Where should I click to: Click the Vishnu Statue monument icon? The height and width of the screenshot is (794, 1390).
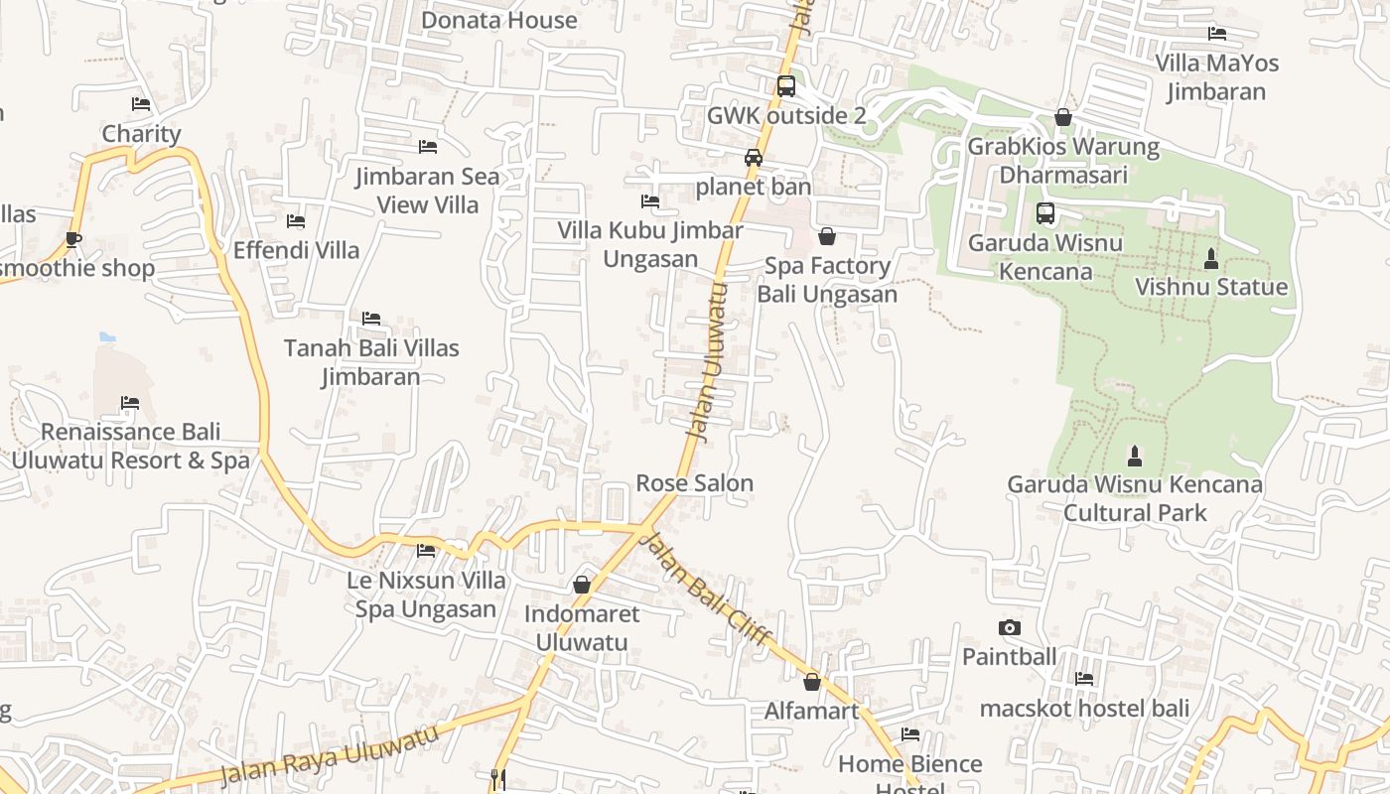(1210, 259)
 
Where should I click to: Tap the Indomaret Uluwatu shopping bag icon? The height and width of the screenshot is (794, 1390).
(582, 585)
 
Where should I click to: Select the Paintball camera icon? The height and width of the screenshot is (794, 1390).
(1009, 627)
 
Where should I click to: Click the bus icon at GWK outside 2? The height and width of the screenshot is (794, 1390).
(785, 86)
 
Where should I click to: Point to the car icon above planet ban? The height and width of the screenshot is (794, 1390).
(754, 158)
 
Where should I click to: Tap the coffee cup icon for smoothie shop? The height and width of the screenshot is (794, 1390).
(72, 239)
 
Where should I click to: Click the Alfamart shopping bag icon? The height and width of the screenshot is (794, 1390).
(812, 682)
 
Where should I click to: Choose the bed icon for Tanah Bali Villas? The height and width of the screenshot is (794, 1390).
(371, 319)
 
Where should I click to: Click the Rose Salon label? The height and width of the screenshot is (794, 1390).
(694, 483)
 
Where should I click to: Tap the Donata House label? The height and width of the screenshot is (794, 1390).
(498, 20)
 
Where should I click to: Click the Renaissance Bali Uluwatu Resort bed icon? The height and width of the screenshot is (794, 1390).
(130, 403)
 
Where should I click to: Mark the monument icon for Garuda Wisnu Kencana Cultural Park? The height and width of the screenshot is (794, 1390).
(1135, 457)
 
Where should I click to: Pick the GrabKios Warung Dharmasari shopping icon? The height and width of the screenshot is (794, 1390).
(1063, 117)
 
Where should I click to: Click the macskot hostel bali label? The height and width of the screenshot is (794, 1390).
(1084, 709)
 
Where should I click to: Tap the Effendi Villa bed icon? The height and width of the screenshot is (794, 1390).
(296, 220)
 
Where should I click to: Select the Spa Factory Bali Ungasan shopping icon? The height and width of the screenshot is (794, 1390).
(826, 236)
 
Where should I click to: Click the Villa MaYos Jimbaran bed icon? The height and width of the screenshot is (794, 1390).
(1216, 34)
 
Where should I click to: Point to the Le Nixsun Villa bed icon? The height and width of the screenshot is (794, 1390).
(426, 550)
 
